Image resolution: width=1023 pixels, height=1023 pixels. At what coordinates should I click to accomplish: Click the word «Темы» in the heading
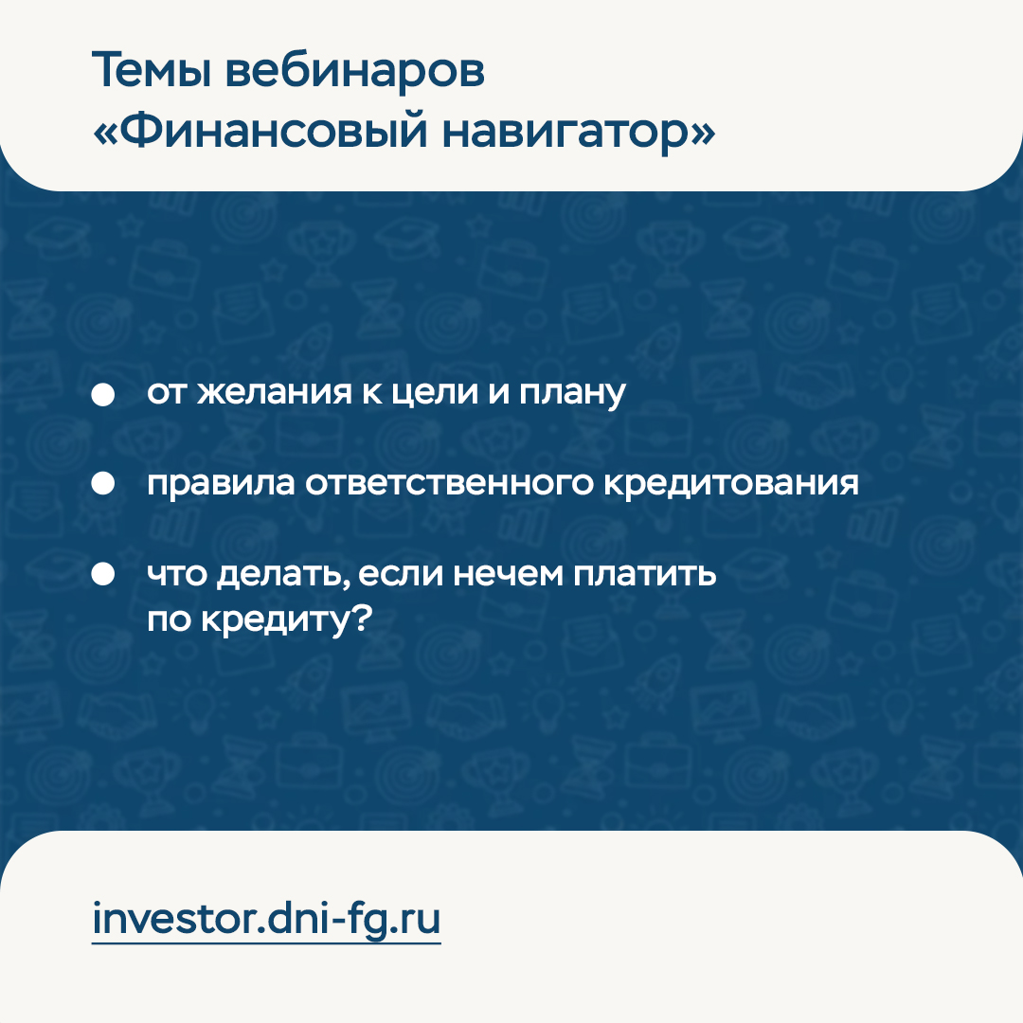[x=152, y=69]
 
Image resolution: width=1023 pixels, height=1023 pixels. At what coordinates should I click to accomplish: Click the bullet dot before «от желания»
[x=103, y=394]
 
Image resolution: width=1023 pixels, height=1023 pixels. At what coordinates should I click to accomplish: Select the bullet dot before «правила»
[x=103, y=483]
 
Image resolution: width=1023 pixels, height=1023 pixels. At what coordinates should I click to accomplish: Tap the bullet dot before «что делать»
[x=103, y=574]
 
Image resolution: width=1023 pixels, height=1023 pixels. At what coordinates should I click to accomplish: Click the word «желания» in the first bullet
[x=274, y=393]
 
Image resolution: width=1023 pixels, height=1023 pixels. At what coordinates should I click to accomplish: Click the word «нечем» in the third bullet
[x=508, y=575]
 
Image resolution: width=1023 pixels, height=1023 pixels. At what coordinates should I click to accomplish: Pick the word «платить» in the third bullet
[x=645, y=575]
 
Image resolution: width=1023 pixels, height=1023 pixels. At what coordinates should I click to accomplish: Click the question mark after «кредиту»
[x=362, y=618]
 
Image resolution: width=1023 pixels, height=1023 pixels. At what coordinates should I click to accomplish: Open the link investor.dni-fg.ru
[x=266, y=920]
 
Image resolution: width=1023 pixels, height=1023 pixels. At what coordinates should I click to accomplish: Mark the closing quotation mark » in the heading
[x=702, y=134]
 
